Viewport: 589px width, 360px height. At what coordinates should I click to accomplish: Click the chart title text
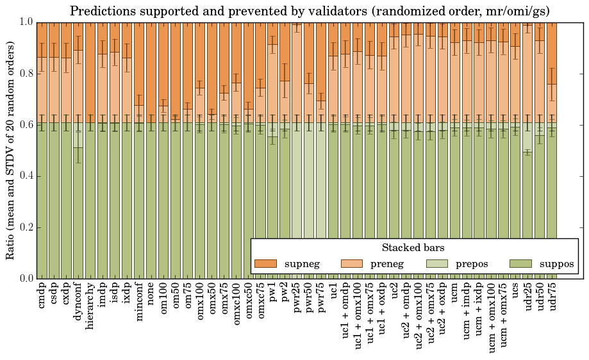tap(309, 11)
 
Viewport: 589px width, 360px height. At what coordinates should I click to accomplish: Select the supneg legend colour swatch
tap(265, 264)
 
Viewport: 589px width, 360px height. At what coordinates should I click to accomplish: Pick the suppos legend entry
tap(556, 264)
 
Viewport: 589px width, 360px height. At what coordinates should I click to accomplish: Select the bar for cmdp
tap(42, 192)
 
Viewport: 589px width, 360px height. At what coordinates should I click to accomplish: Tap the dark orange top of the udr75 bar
tap(552, 45)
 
